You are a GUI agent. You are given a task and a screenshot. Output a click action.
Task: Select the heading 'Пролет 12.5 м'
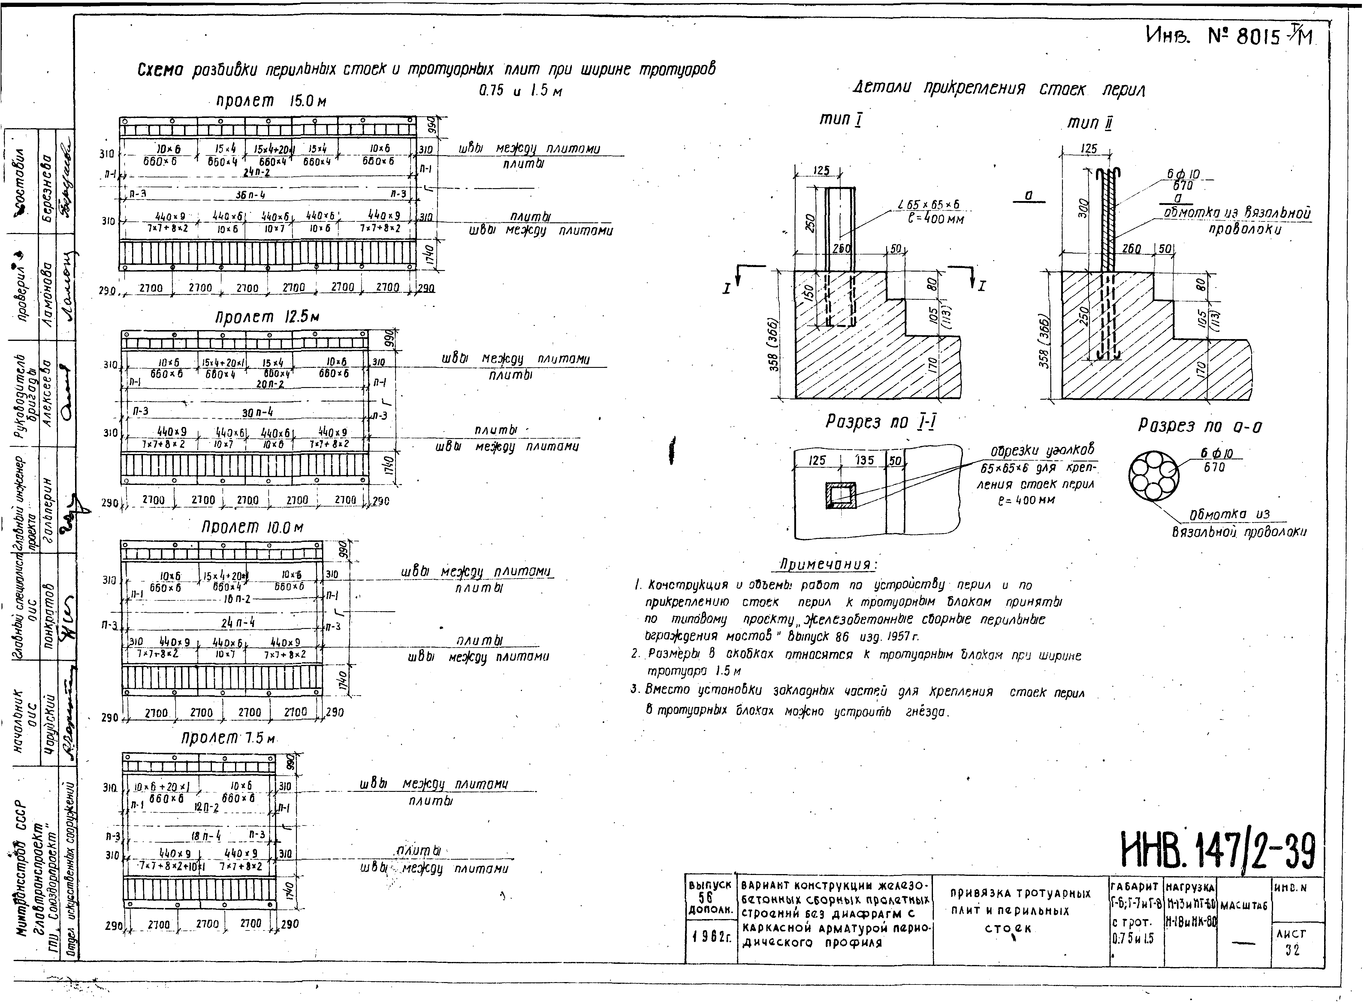click(x=267, y=317)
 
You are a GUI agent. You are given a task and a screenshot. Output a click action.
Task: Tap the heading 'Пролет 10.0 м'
click(x=252, y=528)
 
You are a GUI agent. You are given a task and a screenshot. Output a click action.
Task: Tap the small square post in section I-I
click(x=841, y=495)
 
